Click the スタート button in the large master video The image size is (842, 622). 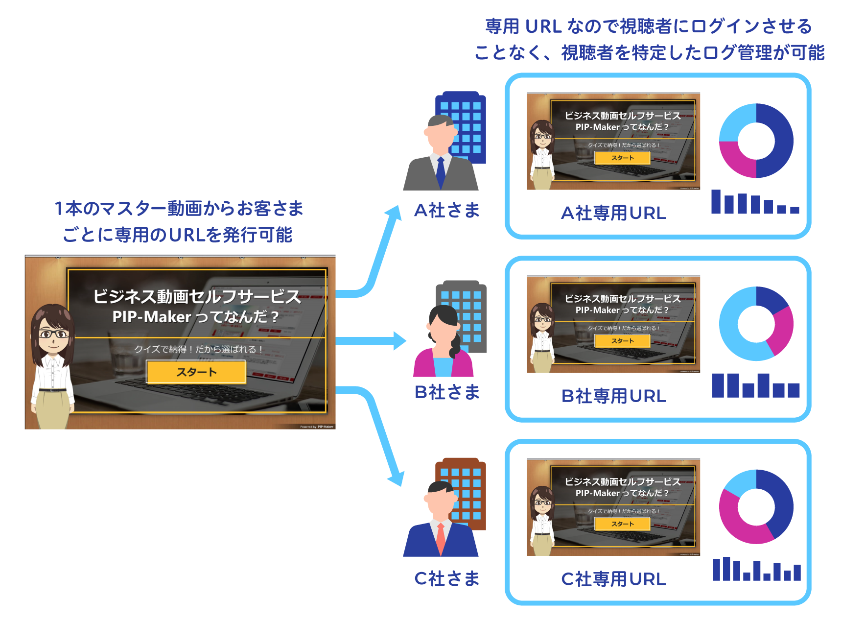coord(196,372)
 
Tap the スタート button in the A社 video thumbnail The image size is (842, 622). coord(622,158)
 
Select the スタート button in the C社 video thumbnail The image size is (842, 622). coord(622,524)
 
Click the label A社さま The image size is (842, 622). coord(446,211)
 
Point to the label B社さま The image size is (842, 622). coord(446,392)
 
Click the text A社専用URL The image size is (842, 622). coord(613,213)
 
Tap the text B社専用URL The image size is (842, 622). coord(613,396)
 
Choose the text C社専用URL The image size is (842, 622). coord(613,579)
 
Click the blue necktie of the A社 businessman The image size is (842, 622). coord(441,171)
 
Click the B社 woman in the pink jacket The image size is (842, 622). coord(443,343)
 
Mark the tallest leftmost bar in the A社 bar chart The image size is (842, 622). coord(716,201)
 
